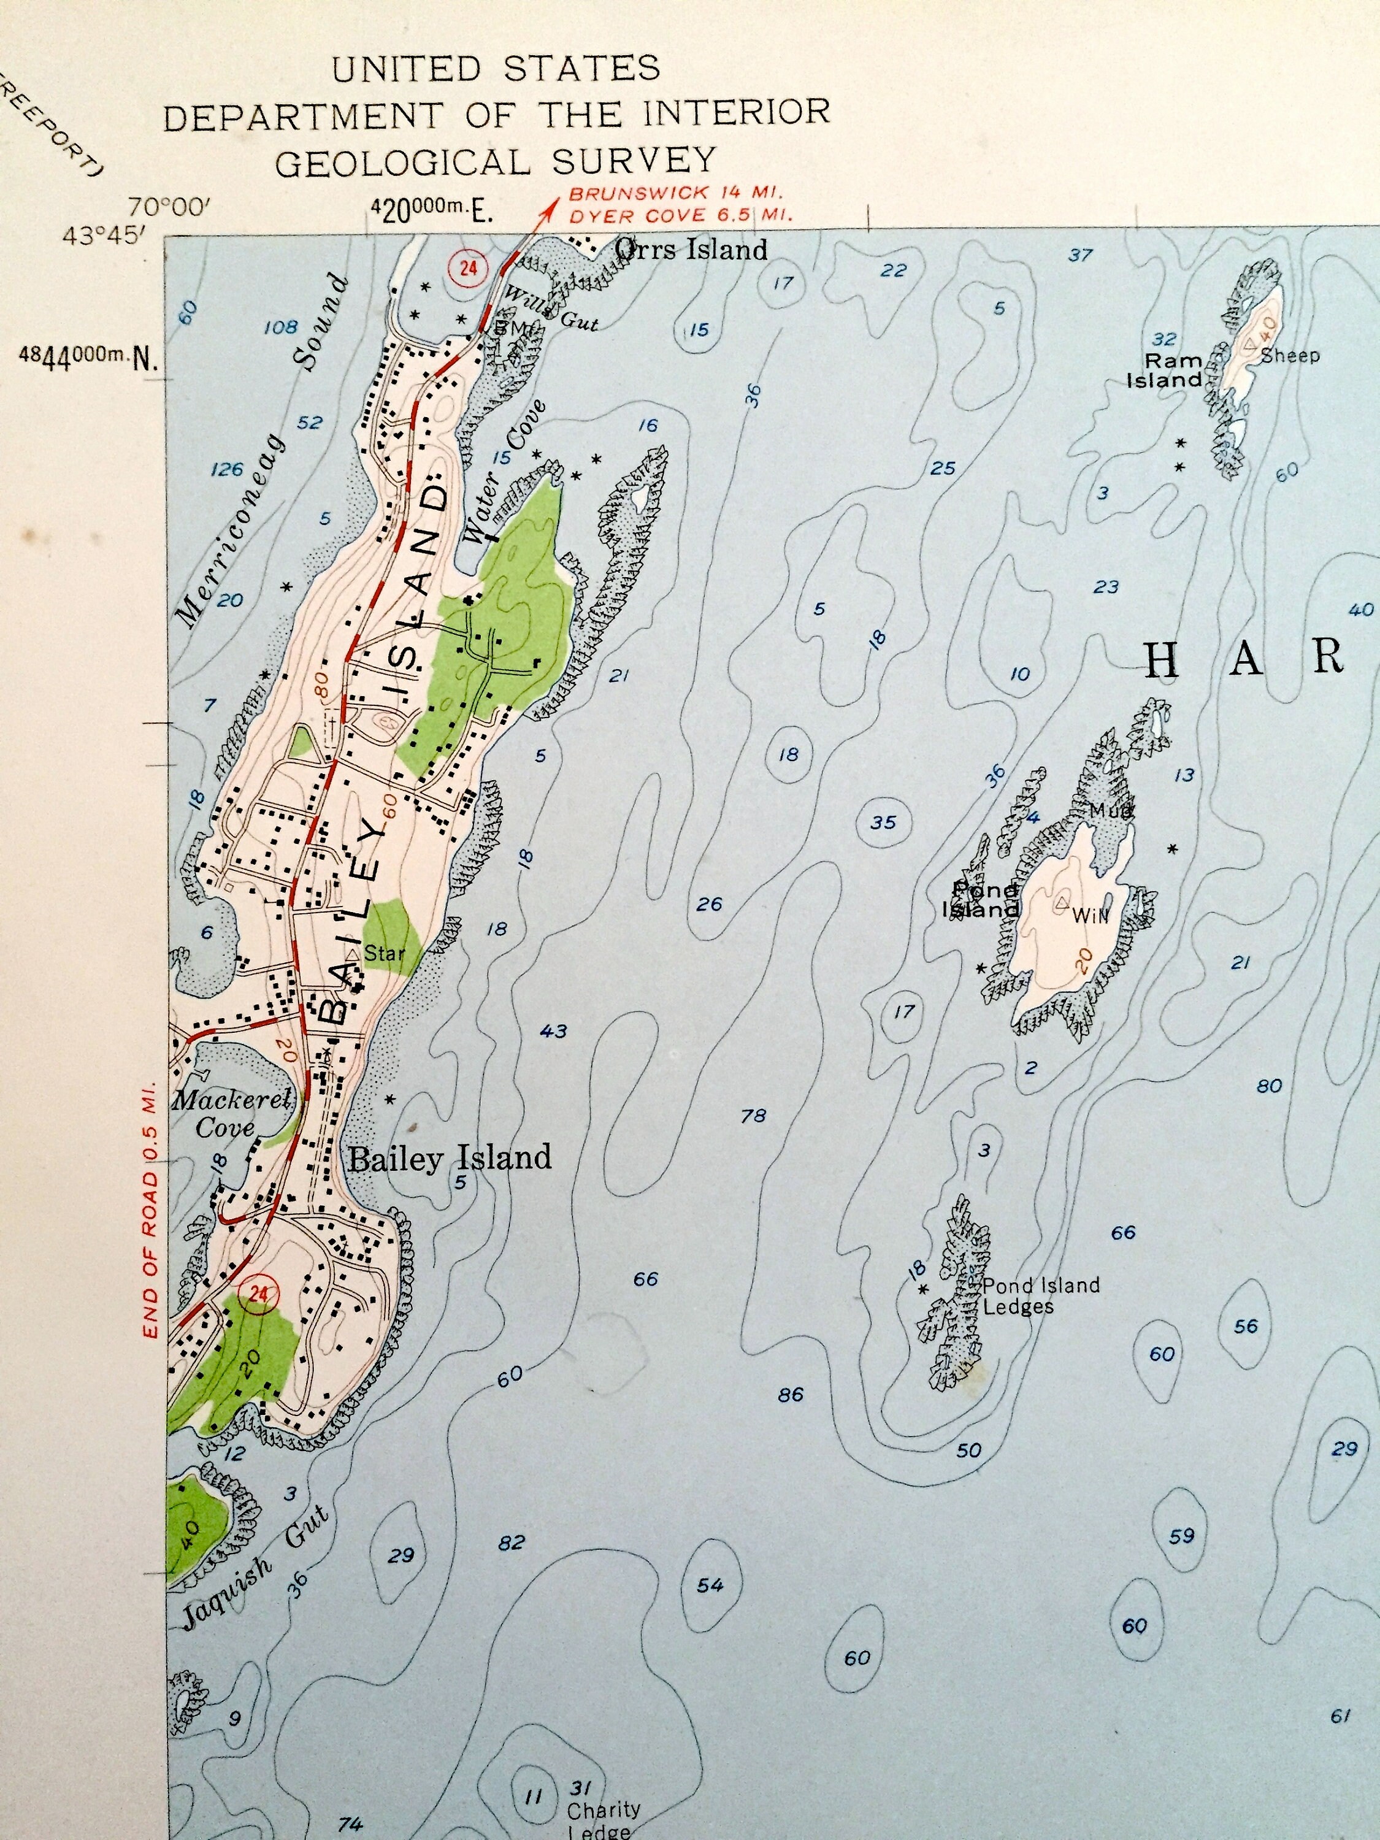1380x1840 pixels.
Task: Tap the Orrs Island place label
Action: [x=691, y=249]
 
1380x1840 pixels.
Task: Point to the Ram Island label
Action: [x=1166, y=370]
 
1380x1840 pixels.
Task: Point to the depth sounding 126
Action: [x=226, y=469]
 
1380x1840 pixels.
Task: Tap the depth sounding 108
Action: [x=280, y=327]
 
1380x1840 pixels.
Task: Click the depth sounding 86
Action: [x=790, y=1393]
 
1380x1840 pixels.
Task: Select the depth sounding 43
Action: [x=553, y=1032]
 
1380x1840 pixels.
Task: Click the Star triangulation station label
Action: [x=383, y=953]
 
